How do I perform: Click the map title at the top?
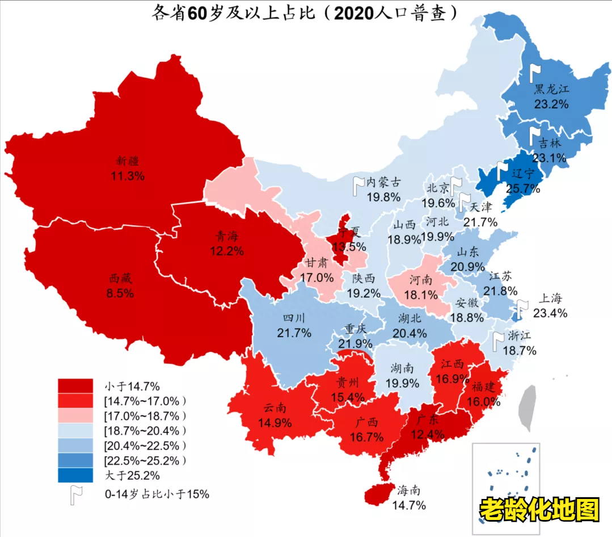point(305,14)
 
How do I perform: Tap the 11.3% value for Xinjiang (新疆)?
point(128,175)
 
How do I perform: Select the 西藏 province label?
point(121,279)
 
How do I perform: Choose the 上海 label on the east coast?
point(550,299)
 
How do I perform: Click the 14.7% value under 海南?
point(411,505)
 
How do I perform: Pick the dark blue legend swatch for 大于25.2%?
point(75,475)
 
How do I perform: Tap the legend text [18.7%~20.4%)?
point(145,430)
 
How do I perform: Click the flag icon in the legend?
point(76,494)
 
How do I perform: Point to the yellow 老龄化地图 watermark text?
point(539,510)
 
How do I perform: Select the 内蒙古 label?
point(383,182)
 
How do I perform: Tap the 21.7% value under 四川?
point(294,333)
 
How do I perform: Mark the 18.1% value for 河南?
point(421,295)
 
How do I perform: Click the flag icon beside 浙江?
point(499,340)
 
